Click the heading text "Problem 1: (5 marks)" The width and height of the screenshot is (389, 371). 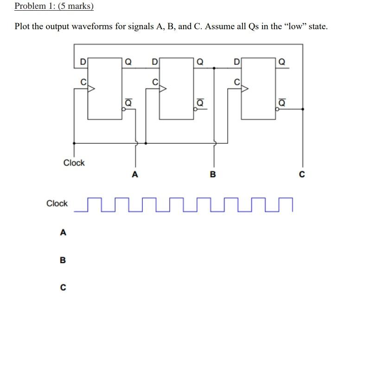(54, 6)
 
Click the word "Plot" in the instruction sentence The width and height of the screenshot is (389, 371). (23, 26)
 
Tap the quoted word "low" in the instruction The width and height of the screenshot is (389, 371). (295, 26)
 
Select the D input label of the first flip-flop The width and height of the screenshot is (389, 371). (83, 61)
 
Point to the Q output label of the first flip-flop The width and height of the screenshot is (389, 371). (128, 61)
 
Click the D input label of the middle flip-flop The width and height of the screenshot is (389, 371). (155, 61)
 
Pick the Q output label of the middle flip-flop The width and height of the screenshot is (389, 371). (200, 61)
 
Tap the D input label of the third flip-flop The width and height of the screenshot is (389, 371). (236, 61)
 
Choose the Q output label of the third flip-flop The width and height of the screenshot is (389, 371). (281, 61)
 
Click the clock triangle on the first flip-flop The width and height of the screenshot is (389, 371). (91, 88)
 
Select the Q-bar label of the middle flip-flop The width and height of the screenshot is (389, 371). (200, 102)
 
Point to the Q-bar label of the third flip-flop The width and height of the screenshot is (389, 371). (281, 102)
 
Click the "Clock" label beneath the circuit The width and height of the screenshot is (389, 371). (74, 163)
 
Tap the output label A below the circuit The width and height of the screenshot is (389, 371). (135, 175)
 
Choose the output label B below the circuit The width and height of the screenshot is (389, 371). (213, 175)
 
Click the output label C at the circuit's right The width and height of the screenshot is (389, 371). (302, 175)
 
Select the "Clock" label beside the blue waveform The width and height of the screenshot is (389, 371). (57, 204)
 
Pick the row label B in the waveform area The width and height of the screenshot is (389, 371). (63, 260)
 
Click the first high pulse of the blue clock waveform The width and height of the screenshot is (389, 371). (94, 198)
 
